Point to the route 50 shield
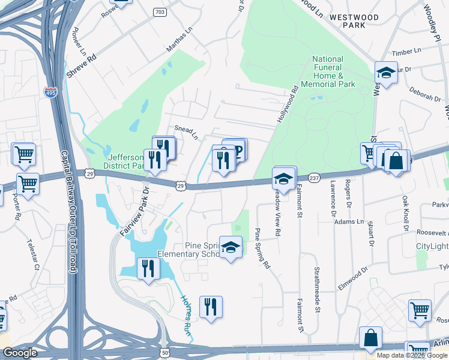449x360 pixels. pos(164,353)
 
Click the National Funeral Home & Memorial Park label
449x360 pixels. pos(328,72)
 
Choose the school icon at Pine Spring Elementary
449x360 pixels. pos(230,248)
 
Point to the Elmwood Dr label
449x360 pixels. pos(354,278)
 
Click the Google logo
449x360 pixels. pos(20,353)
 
